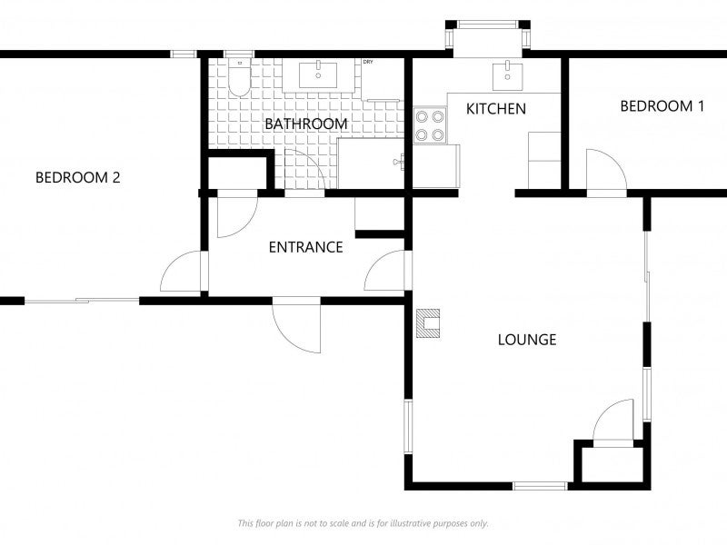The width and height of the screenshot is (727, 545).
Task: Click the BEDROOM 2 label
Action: (x=77, y=178)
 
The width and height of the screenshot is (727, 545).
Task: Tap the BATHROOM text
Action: (x=305, y=124)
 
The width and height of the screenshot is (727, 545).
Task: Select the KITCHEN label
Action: (x=495, y=109)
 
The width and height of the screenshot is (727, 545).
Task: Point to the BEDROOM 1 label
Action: (x=662, y=106)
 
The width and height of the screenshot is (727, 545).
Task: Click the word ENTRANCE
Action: (x=305, y=247)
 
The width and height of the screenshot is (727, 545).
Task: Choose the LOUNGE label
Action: (x=526, y=341)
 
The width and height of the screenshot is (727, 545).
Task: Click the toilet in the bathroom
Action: (x=238, y=78)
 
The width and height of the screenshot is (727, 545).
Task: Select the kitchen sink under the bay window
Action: (x=503, y=75)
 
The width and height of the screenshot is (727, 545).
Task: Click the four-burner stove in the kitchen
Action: (x=430, y=125)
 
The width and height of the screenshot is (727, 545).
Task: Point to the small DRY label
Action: (x=368, y=62)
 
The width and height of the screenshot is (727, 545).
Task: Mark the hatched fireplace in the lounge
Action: (x=428, y=323)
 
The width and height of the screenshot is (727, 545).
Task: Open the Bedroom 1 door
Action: (x=604, y=173)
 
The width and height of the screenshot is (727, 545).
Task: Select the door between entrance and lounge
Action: (x=388, y=271)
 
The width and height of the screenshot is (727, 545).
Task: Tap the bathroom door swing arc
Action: (x=307, y=171)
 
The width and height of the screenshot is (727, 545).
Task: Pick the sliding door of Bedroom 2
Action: (x=82, y=300)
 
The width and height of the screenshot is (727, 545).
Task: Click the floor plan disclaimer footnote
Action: (x=363, y=523)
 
